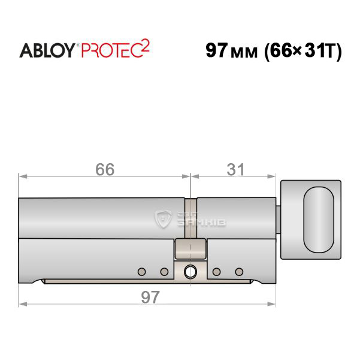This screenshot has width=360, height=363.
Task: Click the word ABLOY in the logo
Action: coord(47,50)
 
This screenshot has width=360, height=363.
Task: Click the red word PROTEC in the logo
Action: coord(111,50)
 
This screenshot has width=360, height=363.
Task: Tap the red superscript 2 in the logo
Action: coord(145,46)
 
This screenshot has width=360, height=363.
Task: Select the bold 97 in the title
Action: coord(216,50)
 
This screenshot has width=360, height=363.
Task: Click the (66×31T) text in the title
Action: coord(303,51)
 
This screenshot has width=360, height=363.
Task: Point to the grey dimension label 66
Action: coord(105,169)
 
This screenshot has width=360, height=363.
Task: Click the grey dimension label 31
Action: coord(235,169)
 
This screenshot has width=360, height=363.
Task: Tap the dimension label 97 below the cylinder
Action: coord(150,297)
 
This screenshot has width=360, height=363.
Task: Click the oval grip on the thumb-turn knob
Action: coord(319,220)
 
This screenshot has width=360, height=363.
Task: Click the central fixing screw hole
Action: coord(190,272)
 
